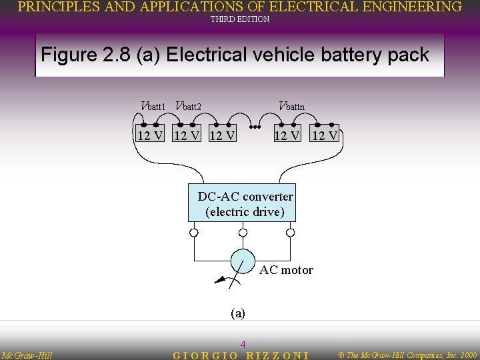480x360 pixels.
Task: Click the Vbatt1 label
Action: coord(153,105)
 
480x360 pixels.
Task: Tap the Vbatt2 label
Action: coord(188,105)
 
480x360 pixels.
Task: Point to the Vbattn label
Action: coord(291,105)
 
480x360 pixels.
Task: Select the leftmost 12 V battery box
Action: coord(150,135)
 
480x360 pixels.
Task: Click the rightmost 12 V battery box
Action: coord(325,135)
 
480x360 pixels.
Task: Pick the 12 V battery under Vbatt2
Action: coord(187,135)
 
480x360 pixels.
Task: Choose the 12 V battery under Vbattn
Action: coord(288,135)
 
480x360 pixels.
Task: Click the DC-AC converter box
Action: coord(242,203)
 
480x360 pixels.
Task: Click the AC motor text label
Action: coord(286,270)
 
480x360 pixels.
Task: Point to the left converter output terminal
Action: coord(193,233)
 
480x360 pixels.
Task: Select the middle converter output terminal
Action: coord(243,233)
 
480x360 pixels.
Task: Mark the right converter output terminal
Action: coord(290,233)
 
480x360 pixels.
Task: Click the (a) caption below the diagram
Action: coord(237,313)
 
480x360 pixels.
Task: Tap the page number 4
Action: coord(243,344)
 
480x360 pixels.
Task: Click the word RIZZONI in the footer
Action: coord(277,355)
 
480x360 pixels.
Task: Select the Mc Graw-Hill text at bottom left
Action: coord(27,355)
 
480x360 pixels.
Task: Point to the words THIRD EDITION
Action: coord(240,19)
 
